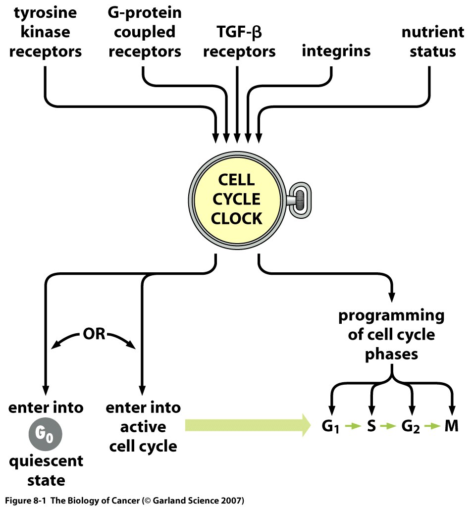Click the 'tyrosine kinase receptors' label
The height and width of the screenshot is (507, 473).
pos(45,32)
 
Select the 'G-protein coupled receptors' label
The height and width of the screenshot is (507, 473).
pos(144,32)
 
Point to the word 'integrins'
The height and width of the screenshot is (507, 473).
pos(336,51)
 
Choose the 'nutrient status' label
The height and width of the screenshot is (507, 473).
pos(432,42)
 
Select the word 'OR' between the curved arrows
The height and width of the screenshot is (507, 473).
pos(94,334)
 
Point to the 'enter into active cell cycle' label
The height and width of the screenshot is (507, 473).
pos(143,427)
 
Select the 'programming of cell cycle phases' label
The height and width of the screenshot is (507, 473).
pos(391,335)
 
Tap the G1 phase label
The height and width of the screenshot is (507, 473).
pos(330,426)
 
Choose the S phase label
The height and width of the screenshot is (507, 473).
pos(371,426)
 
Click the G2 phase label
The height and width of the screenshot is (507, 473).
pos(410,426)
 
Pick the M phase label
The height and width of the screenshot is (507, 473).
pos(451,426)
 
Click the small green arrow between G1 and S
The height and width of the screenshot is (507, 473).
pos(352,426)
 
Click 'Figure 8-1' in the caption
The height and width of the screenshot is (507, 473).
pos(25,500)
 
